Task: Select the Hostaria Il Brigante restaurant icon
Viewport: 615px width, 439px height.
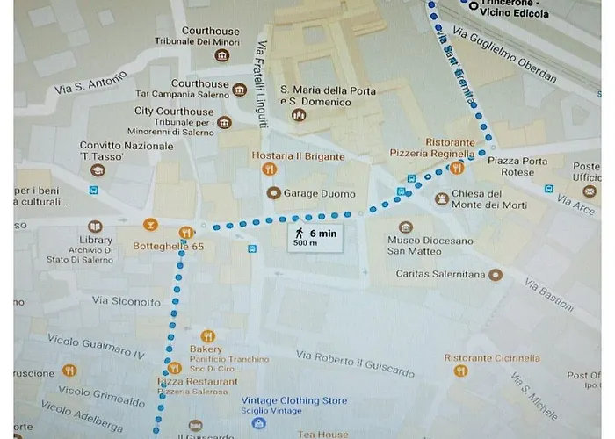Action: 271,169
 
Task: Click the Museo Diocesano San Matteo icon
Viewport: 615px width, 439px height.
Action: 405,227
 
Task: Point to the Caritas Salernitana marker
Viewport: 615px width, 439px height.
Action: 496,275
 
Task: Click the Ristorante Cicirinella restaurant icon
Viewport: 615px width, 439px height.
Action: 461,371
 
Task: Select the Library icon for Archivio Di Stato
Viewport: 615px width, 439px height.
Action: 95,227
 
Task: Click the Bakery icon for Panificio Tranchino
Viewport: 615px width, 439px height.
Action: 207,335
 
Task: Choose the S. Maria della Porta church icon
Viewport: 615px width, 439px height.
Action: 300,115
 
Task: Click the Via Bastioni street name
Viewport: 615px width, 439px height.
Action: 549,294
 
